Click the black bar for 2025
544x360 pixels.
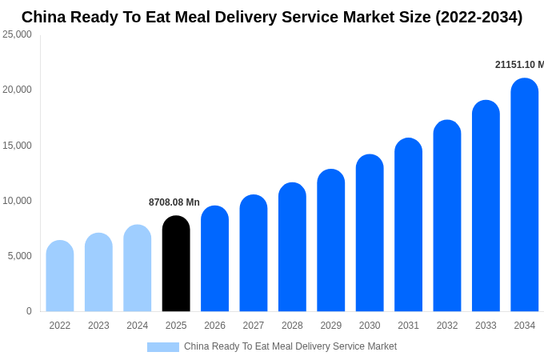[176, 264]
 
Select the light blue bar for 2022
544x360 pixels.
[60, 276]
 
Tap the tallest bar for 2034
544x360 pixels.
[525, 195]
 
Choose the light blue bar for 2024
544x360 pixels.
[138, 268]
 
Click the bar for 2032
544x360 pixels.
[447, 216]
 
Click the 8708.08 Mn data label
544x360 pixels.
[174, 202]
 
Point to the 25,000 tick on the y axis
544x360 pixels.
[17, 34]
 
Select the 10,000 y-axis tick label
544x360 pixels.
[17, 201]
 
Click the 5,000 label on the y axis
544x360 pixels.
[19, 256]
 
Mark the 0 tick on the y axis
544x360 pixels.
[29, 311]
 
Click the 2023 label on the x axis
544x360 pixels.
[98, 326]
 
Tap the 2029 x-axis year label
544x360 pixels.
[331, 326]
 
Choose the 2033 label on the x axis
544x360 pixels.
[486, 326]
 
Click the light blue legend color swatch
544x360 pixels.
[163, 347]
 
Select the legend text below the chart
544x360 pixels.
[290, 346]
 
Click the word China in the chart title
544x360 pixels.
[44, 17]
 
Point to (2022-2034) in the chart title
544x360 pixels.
[478, 17]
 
